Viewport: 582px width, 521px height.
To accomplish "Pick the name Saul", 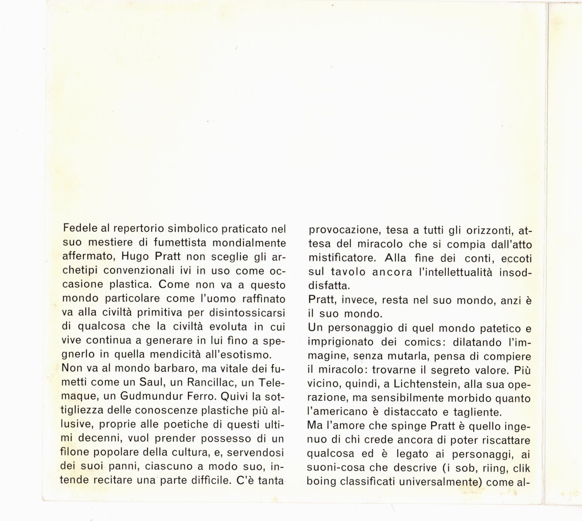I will pyautogui.click(x=150, y=382).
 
